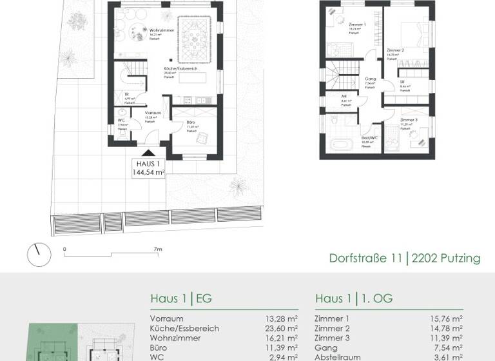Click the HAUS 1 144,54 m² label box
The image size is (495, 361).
pyautogui.click(x=148, y=168)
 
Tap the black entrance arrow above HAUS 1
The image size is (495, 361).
pyautogui.click(x=148, y=153)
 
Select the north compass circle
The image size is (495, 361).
pyautogui.click(x=39, y=255)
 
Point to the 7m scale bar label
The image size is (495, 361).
pyautogui.click(x=158, y=249)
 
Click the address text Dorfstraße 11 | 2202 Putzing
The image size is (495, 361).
pyautogui.click(x=405, y=259)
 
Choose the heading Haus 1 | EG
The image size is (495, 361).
pyautogui.click(x=181, y=299)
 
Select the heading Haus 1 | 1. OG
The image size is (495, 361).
pyautogui.click(x=354, y=299)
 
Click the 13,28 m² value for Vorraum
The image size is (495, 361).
pyautogui.click(x=283, y=318)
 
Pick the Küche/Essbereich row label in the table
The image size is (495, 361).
pyautogui.click(x=184, y=328)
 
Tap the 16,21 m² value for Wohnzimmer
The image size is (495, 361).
pyautogui.click(x=283, y=338)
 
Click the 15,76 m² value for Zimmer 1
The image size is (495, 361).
pyautogui.click(x=448, y=318)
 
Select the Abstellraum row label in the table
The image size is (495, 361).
pyautogui.click(x=338, y=357)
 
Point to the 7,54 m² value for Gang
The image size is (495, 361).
pyautogui.click(x=450, y=347)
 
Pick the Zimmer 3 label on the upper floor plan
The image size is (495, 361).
pyautogui.click(x=409, y=121)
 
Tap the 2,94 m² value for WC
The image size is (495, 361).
pyautogui.click(x=284, y=357)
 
